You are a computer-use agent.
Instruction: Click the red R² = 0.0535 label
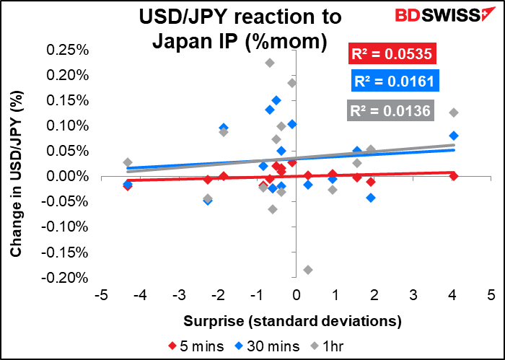(392, 53)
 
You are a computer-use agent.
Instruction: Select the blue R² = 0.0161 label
(395, 81)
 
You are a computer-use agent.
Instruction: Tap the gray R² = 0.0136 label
(390, 110)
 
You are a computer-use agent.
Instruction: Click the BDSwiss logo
(445, 14)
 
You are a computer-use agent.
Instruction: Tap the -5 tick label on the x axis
(101, 295)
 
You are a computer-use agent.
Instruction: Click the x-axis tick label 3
(413, 295)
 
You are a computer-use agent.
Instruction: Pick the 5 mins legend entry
(196, 346)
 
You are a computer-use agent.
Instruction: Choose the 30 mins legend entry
(267, 346)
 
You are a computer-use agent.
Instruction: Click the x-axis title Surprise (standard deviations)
(292, 321)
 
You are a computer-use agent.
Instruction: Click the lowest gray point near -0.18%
(307, 270)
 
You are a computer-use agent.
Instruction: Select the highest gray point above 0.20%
(270, 63)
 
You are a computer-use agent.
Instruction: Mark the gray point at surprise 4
(454, 113)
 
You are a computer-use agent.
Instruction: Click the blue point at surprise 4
(454, 136)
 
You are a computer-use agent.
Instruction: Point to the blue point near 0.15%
(276, 100)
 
